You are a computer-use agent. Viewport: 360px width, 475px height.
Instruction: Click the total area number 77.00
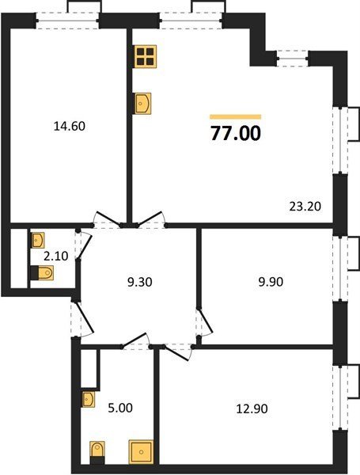236,133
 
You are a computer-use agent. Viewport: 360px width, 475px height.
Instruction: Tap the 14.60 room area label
70,126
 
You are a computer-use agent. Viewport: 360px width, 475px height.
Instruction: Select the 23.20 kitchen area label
305,207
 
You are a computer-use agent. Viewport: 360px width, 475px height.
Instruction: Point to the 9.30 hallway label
139,282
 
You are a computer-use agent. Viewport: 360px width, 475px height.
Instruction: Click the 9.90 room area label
271,282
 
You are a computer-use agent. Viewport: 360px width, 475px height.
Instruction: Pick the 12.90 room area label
252,409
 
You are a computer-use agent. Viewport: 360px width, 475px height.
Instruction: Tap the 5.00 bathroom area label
120,408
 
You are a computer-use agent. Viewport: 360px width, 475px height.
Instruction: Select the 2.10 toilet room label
56,256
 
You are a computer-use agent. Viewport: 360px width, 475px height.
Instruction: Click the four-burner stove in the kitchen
146,56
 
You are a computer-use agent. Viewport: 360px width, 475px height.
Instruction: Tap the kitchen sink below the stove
143,104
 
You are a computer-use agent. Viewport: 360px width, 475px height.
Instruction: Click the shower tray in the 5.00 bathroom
141,452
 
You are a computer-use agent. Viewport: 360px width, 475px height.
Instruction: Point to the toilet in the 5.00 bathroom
97,453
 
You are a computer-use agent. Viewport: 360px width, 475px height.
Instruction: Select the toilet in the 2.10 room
42,272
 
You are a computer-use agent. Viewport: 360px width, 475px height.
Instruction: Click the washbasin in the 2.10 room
38,240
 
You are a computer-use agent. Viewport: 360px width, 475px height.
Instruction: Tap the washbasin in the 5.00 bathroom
88,400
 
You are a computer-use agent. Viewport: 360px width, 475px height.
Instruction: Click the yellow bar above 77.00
236,117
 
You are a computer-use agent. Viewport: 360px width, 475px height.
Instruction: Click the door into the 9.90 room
204,321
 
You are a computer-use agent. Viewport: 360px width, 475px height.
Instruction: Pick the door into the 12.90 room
177,352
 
